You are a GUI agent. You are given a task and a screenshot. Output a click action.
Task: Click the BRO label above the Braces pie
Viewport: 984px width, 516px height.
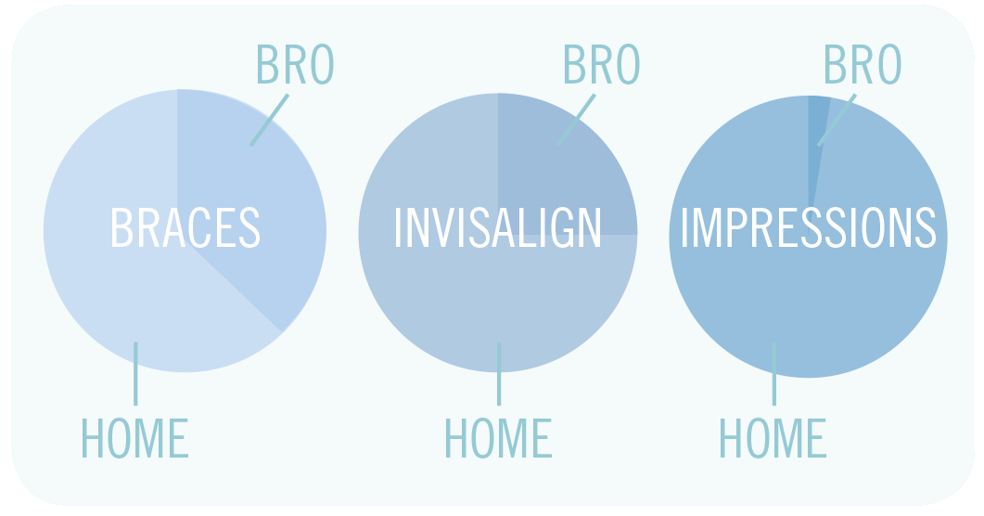click(x=296, y=64)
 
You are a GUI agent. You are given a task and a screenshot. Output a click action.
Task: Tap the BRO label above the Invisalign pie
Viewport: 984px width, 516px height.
click(x=602, y=64)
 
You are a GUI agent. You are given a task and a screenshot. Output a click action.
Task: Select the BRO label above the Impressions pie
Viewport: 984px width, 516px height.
click(x=863, y=64)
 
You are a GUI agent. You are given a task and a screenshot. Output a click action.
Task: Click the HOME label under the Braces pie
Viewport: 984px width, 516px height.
click(x=134, y=438)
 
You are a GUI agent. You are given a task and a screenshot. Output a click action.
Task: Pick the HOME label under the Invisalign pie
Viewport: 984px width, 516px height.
click(x=498, y=438)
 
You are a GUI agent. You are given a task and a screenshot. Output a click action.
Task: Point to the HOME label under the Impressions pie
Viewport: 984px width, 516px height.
click(x=773, y=438)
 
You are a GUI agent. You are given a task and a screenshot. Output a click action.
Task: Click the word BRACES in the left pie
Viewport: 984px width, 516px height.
click(x=185, y=227)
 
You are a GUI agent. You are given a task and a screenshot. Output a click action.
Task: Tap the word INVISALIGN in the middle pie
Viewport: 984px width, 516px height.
click(x=498, y=227)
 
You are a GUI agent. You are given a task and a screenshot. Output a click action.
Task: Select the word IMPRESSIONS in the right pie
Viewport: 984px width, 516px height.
click(x=809, y=227)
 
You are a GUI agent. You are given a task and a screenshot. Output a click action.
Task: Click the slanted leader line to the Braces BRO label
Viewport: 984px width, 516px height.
click(x=270, y=120)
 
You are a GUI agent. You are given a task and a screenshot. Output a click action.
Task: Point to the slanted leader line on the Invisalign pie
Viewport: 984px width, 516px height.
click(x=576, y=120)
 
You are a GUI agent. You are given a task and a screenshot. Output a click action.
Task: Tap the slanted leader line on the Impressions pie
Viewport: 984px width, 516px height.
click(x=837, y=120)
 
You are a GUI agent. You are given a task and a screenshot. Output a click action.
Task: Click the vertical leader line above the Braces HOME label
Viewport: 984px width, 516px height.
click(x=135, y=373)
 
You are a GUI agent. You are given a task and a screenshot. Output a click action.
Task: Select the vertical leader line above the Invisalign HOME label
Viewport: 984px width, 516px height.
click(x=499, y=373)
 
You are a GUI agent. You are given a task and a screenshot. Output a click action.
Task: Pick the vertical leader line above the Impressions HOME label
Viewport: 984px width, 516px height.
click(x=773, y=373)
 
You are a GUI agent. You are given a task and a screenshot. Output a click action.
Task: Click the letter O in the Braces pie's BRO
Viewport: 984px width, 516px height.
click(x=323, y=64)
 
